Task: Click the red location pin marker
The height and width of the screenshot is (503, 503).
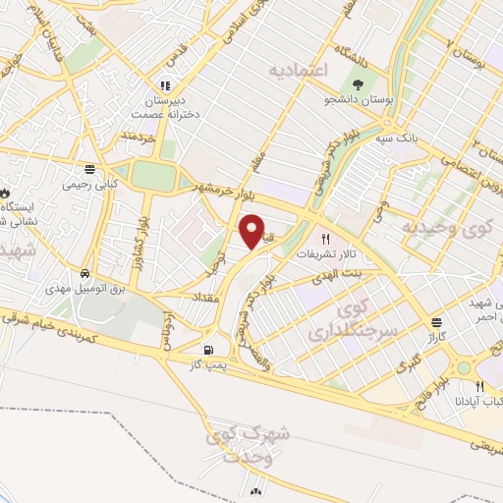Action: pyautogui.click(x=251, y=232)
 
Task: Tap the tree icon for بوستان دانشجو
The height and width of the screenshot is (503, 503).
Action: pyautogui.click(x=356, y=85)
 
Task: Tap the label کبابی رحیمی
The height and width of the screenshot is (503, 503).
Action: pyautogui.click(x=89, y=183)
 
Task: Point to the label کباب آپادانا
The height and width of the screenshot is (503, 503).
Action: pyautogui.click(x=479, y=400)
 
